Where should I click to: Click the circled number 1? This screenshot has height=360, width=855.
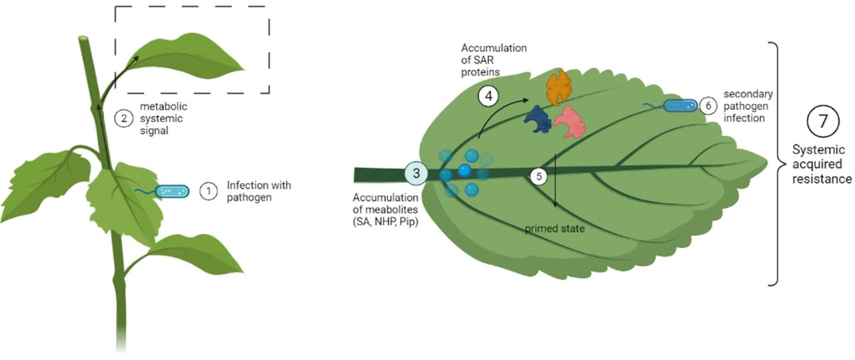coord(209,191)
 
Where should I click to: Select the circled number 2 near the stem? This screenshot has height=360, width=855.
coord(124,119)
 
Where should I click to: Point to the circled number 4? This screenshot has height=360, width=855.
coord(489,97)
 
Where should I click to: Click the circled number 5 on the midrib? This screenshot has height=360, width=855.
coord(537,175)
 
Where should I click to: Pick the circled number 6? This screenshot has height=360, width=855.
coord(708,105)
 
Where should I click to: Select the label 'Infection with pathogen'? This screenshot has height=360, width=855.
coord(259,191)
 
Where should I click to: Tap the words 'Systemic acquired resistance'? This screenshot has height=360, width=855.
coord(822,164)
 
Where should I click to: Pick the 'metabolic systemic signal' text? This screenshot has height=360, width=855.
coord(161,119)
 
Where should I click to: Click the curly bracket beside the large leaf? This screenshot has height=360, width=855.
coord(777,163)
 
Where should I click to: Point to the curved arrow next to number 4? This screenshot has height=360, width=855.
coord(508,114)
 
